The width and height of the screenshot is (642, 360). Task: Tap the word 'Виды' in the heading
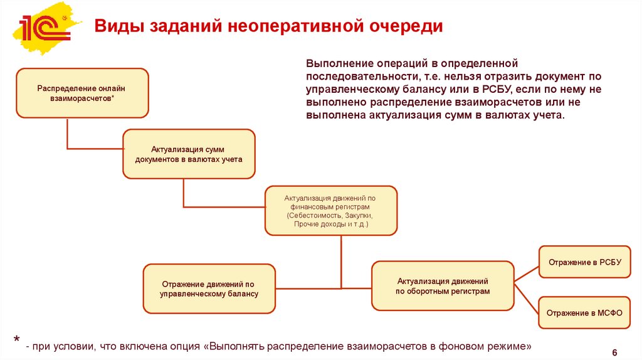(115, 27)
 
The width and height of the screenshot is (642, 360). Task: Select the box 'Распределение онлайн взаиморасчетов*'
(82, 93)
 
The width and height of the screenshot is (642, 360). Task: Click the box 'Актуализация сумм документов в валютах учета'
(188, 154)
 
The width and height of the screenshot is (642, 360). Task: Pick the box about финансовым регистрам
(330, 210)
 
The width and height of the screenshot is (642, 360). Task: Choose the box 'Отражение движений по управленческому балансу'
(209, 289)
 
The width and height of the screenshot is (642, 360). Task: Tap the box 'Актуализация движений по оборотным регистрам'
(443, 286)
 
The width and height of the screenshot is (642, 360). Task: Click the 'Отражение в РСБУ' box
(584, 262)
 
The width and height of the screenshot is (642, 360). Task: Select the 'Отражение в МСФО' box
(584, 312)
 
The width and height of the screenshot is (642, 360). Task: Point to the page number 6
(614, 352)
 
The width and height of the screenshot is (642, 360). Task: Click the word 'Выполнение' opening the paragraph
(339, 64)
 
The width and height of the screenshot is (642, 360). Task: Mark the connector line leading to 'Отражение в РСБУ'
(526, 271)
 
